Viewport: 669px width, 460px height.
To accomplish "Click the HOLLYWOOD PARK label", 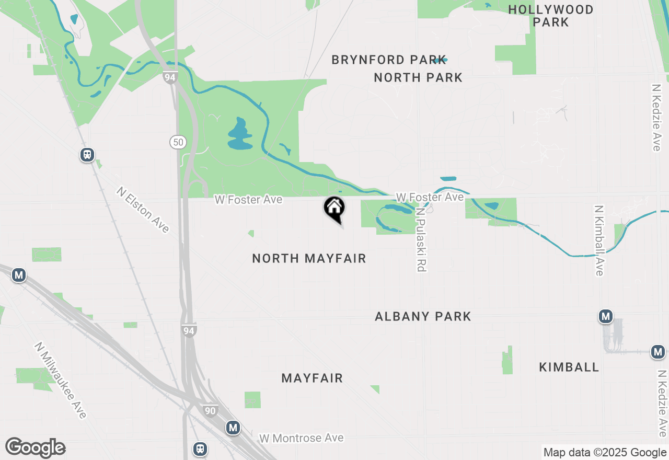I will (x=551, y=16).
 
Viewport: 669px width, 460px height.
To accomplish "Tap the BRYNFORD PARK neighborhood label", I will (x=389, y=60).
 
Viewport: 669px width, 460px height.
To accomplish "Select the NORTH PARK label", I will (x=418, y=78).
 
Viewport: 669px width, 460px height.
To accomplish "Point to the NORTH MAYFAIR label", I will (x=309, y=258).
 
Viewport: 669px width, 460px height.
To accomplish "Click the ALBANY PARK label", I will (x=423, y=316).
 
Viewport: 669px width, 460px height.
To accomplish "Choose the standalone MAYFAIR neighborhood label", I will (x=312, y=378).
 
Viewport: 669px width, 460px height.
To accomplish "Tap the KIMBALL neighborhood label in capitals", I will (x=569, y=367).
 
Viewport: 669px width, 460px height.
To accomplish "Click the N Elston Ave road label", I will (x=143, y=210).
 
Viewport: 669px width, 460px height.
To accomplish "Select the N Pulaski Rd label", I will (x=420, y=239).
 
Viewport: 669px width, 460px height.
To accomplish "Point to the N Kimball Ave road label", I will (x=599, y=240).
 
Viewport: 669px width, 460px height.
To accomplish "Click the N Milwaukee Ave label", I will (x=60, y=380).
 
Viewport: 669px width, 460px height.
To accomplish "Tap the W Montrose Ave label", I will (x=302, y=438).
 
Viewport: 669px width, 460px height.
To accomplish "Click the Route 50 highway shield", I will (x=177, y=141).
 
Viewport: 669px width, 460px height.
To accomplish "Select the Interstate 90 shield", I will (x=210, y=411).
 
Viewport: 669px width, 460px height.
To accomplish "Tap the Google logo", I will (x=35, y=447).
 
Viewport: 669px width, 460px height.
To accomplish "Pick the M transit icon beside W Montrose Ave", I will (x=233, y=428).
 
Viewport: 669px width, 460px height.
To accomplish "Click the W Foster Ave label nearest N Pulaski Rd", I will (x=430, y=197).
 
